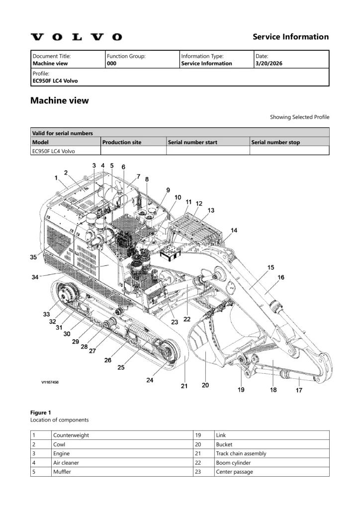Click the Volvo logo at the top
76,37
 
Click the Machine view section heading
60,101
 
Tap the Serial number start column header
192,142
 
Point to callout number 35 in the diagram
33,257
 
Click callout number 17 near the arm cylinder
299,390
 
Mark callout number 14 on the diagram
234,230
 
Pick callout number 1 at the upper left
56,177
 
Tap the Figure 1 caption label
41,413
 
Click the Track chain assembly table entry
241,453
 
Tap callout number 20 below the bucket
205,385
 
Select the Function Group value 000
112,64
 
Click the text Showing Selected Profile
299,117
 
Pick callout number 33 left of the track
46,314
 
